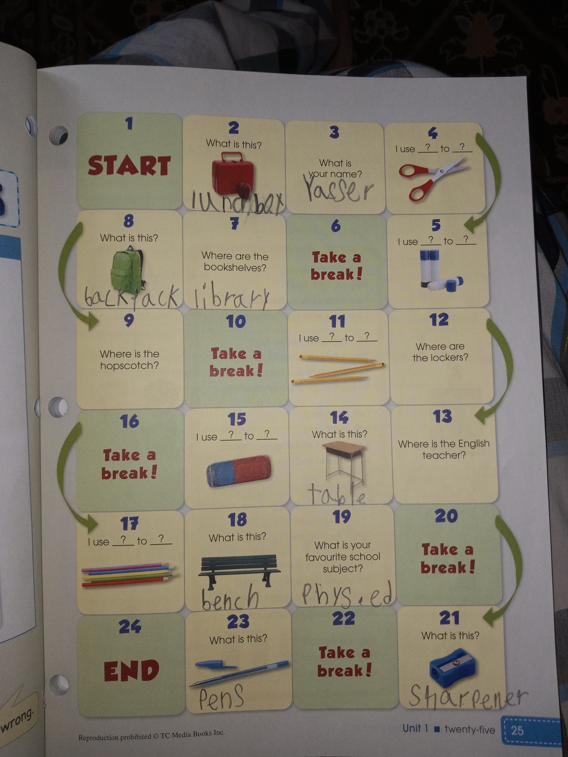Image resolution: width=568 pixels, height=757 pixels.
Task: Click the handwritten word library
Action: click(232, 295)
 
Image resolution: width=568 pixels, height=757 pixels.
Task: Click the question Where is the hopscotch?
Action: click(130, 359)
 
